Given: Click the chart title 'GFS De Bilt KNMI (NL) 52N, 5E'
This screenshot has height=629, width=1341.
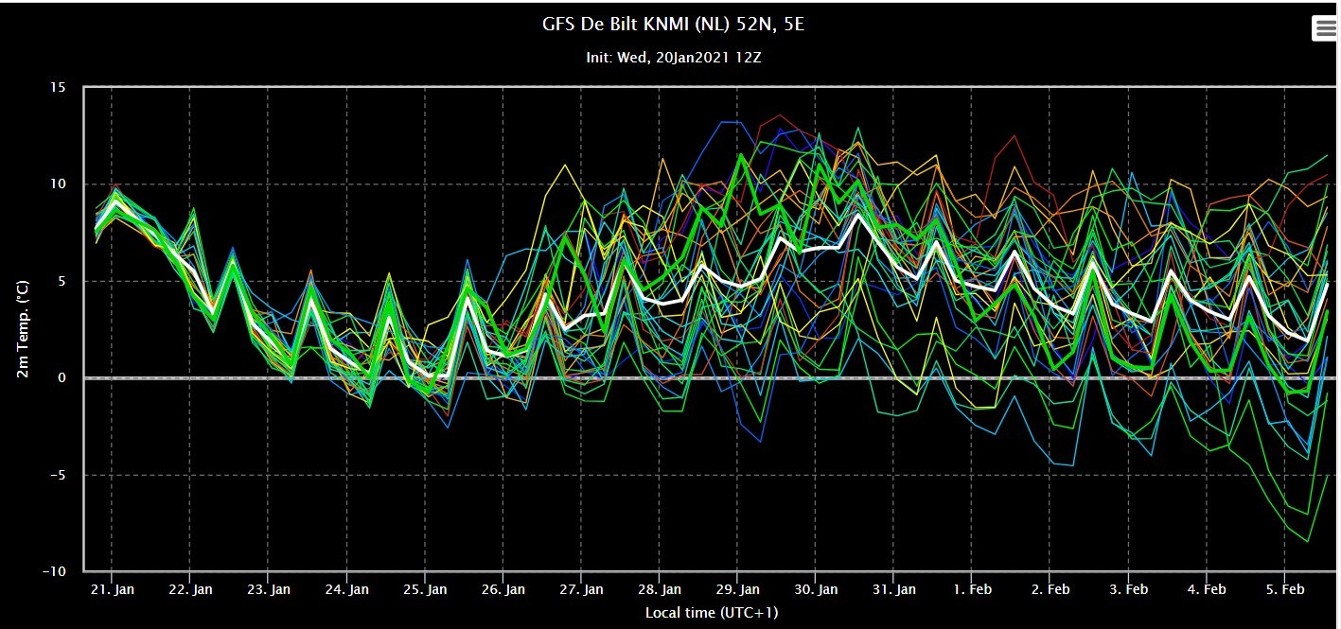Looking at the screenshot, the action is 673,25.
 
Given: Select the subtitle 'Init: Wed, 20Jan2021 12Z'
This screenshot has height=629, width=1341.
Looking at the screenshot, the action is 674,58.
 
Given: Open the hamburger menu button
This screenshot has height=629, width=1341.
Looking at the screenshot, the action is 1325,28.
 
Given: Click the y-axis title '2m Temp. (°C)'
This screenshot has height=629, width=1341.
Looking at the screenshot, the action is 23,329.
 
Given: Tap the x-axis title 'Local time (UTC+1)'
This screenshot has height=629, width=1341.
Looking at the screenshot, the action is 712,612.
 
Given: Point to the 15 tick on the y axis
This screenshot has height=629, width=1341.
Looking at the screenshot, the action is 58,87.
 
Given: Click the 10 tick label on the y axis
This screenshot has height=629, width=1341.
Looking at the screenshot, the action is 58,183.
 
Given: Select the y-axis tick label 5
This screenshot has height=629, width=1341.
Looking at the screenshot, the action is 62,281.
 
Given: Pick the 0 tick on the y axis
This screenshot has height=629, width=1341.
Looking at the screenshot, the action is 62,377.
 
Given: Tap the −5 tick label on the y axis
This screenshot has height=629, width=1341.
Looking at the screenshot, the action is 58,475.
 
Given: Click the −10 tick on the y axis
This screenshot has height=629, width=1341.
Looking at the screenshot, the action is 54,571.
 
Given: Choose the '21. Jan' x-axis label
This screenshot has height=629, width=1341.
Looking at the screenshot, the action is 112,589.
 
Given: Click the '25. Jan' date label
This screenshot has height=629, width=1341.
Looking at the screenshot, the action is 425,589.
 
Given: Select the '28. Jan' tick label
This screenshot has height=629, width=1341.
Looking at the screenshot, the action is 659,589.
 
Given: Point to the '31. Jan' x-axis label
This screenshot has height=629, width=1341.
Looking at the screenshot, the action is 893,589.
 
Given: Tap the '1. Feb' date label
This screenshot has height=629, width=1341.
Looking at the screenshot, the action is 972,589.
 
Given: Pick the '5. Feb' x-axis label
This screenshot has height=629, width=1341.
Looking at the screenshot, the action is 1285,589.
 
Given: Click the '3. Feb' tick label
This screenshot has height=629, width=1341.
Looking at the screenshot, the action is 1128,589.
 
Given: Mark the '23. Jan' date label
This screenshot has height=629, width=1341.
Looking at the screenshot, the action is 268,589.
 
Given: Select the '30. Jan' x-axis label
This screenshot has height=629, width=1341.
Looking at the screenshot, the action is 816,589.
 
